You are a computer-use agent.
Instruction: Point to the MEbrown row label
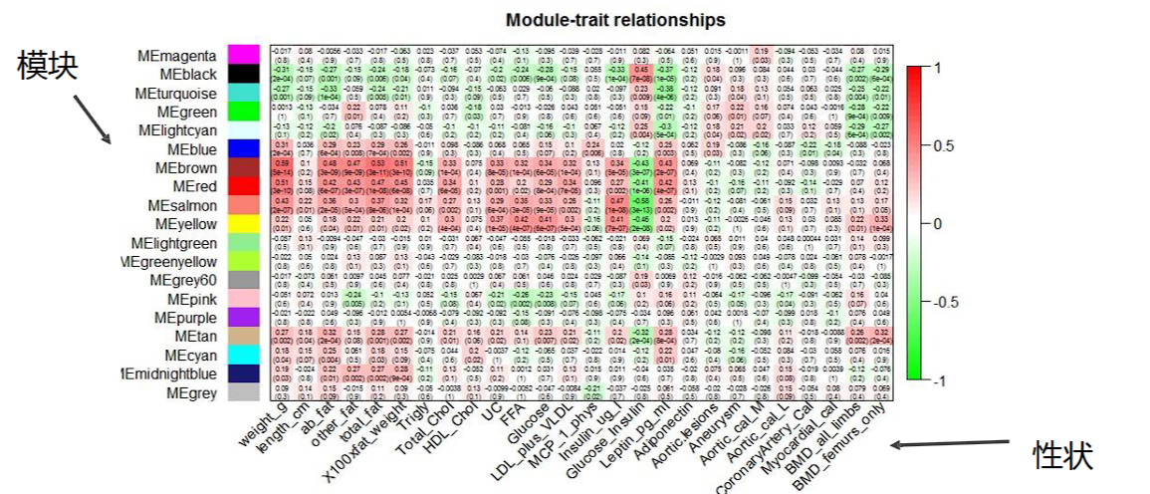pos(182,167)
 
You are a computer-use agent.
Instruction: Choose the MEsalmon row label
pos(180,205)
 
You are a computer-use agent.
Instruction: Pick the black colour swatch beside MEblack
pos(244,74)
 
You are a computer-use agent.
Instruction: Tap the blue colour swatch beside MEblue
pos(244,148)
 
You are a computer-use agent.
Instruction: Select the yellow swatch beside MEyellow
pos(244,224)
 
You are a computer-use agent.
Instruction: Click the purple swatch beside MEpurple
pos(244,318)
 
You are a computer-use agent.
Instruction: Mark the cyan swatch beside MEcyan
pos(244,355)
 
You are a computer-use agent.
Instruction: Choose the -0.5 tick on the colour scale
pos(943,303)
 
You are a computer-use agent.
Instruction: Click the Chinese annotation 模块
pos(47,66)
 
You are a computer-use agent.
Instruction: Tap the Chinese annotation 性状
pos(1062,456)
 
